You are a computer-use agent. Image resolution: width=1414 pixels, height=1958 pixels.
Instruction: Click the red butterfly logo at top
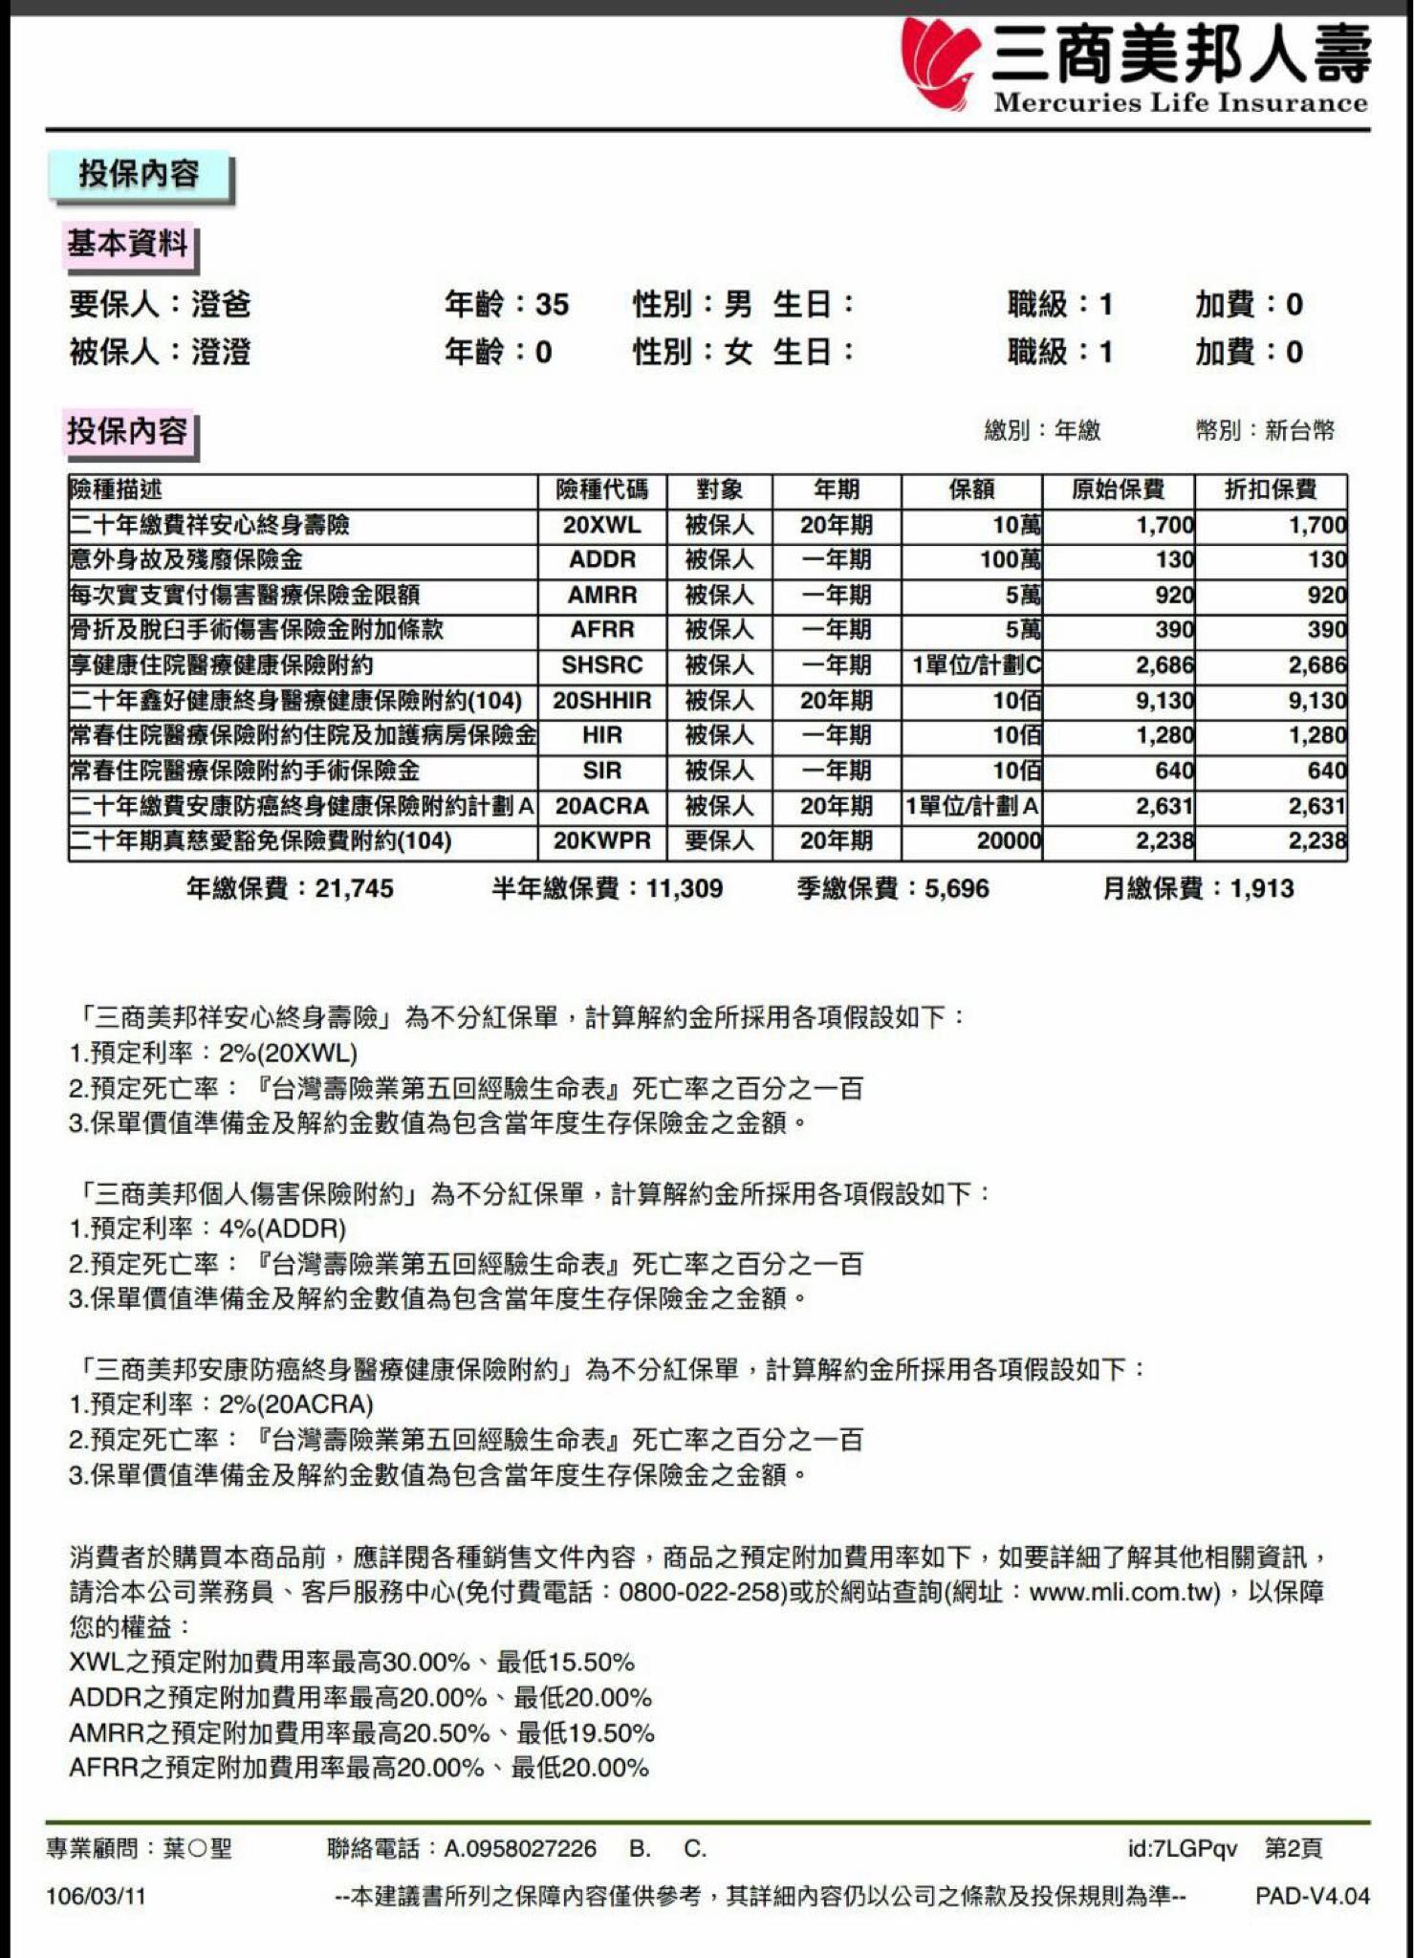click(941, 62)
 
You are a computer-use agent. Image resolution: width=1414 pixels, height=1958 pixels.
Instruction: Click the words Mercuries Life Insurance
click(1180, 103)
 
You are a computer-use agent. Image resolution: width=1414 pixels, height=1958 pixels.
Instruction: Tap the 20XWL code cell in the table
click(601, 525)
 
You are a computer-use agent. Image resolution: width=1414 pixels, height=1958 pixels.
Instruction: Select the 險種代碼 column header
click(601, 490)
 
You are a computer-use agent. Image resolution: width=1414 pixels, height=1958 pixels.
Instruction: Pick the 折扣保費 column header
click(1270, 490)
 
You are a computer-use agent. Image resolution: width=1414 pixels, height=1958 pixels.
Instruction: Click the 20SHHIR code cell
click(601, 701)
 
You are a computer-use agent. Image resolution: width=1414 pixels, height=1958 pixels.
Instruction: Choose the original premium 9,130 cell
click(1164, 701)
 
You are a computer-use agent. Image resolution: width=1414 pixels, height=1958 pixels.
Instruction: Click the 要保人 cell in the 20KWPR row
click(719, 841)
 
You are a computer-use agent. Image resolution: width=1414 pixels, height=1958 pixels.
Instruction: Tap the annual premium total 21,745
click(354, 889)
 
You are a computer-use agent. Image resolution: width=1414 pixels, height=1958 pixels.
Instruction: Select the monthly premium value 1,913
click(1261, 889)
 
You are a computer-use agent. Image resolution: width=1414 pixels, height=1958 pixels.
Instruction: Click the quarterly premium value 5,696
click(956, 889)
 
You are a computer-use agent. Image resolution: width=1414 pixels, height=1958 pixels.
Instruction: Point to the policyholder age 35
click(552, 305)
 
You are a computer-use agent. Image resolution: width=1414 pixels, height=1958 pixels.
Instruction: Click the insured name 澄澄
click(221, 353)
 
